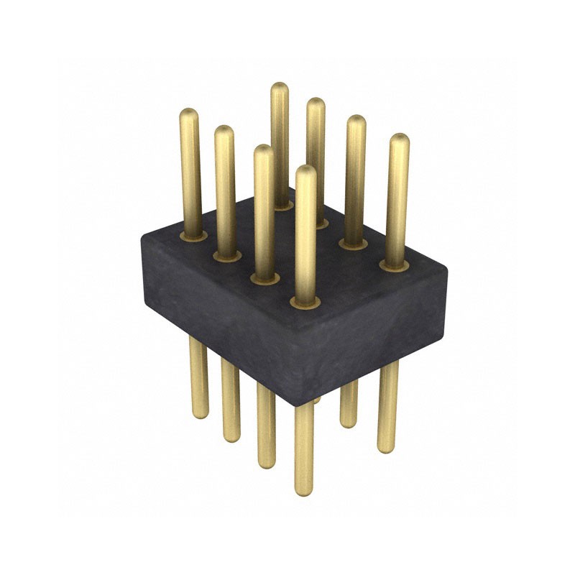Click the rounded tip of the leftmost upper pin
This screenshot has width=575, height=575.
pyautogui.click(x=189, y=114)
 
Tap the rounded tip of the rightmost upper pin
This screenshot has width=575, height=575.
pyautogui.click(x=400, y=139)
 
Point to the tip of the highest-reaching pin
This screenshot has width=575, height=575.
pyautogui.click(x=280, y=88)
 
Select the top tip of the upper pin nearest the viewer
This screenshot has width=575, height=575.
pyautogui.click(x=305, y=170)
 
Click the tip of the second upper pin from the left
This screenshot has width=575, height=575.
pyautogui.click(x=224, y=131)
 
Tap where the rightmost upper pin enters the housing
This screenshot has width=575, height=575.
pyautogui.click(x=394, y=264)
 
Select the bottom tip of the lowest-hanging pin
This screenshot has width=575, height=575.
pyautogui.click(x=304, y=491)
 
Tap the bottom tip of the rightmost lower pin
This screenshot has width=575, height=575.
pyautogui.click(x=387, y=448)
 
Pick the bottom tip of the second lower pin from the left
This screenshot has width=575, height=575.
pyautogui.click(x=231, y=438)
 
